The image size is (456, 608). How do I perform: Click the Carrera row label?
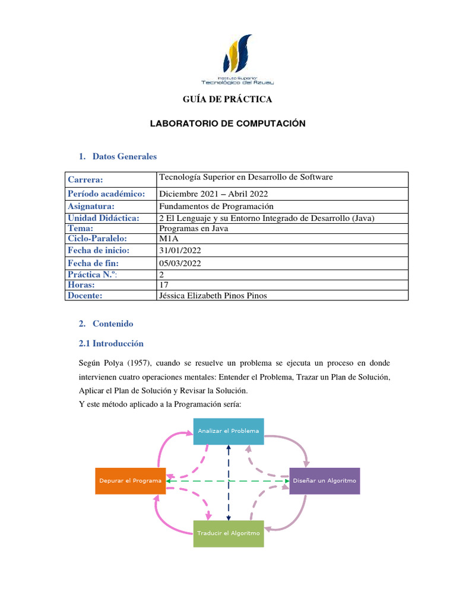click(x=85, y=179)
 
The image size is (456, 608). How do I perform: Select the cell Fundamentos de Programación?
click(x=216, y=206)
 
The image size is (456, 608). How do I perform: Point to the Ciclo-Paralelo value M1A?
click(x=169, y=239)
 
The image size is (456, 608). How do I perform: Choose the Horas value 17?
click(x=164, y=285)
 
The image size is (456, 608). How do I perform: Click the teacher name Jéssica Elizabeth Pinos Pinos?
click(x=213, y=296)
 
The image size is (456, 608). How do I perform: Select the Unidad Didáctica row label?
click(x=103, y=218)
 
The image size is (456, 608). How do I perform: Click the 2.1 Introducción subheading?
click(x=111, y=343)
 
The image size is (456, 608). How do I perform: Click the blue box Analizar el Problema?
click(x=229, y=431)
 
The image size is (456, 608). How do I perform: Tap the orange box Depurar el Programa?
click(x=130, y=481)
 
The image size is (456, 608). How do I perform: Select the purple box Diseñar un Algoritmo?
click(x=324, y=481)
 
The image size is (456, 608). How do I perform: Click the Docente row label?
click(x=85, y=296)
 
